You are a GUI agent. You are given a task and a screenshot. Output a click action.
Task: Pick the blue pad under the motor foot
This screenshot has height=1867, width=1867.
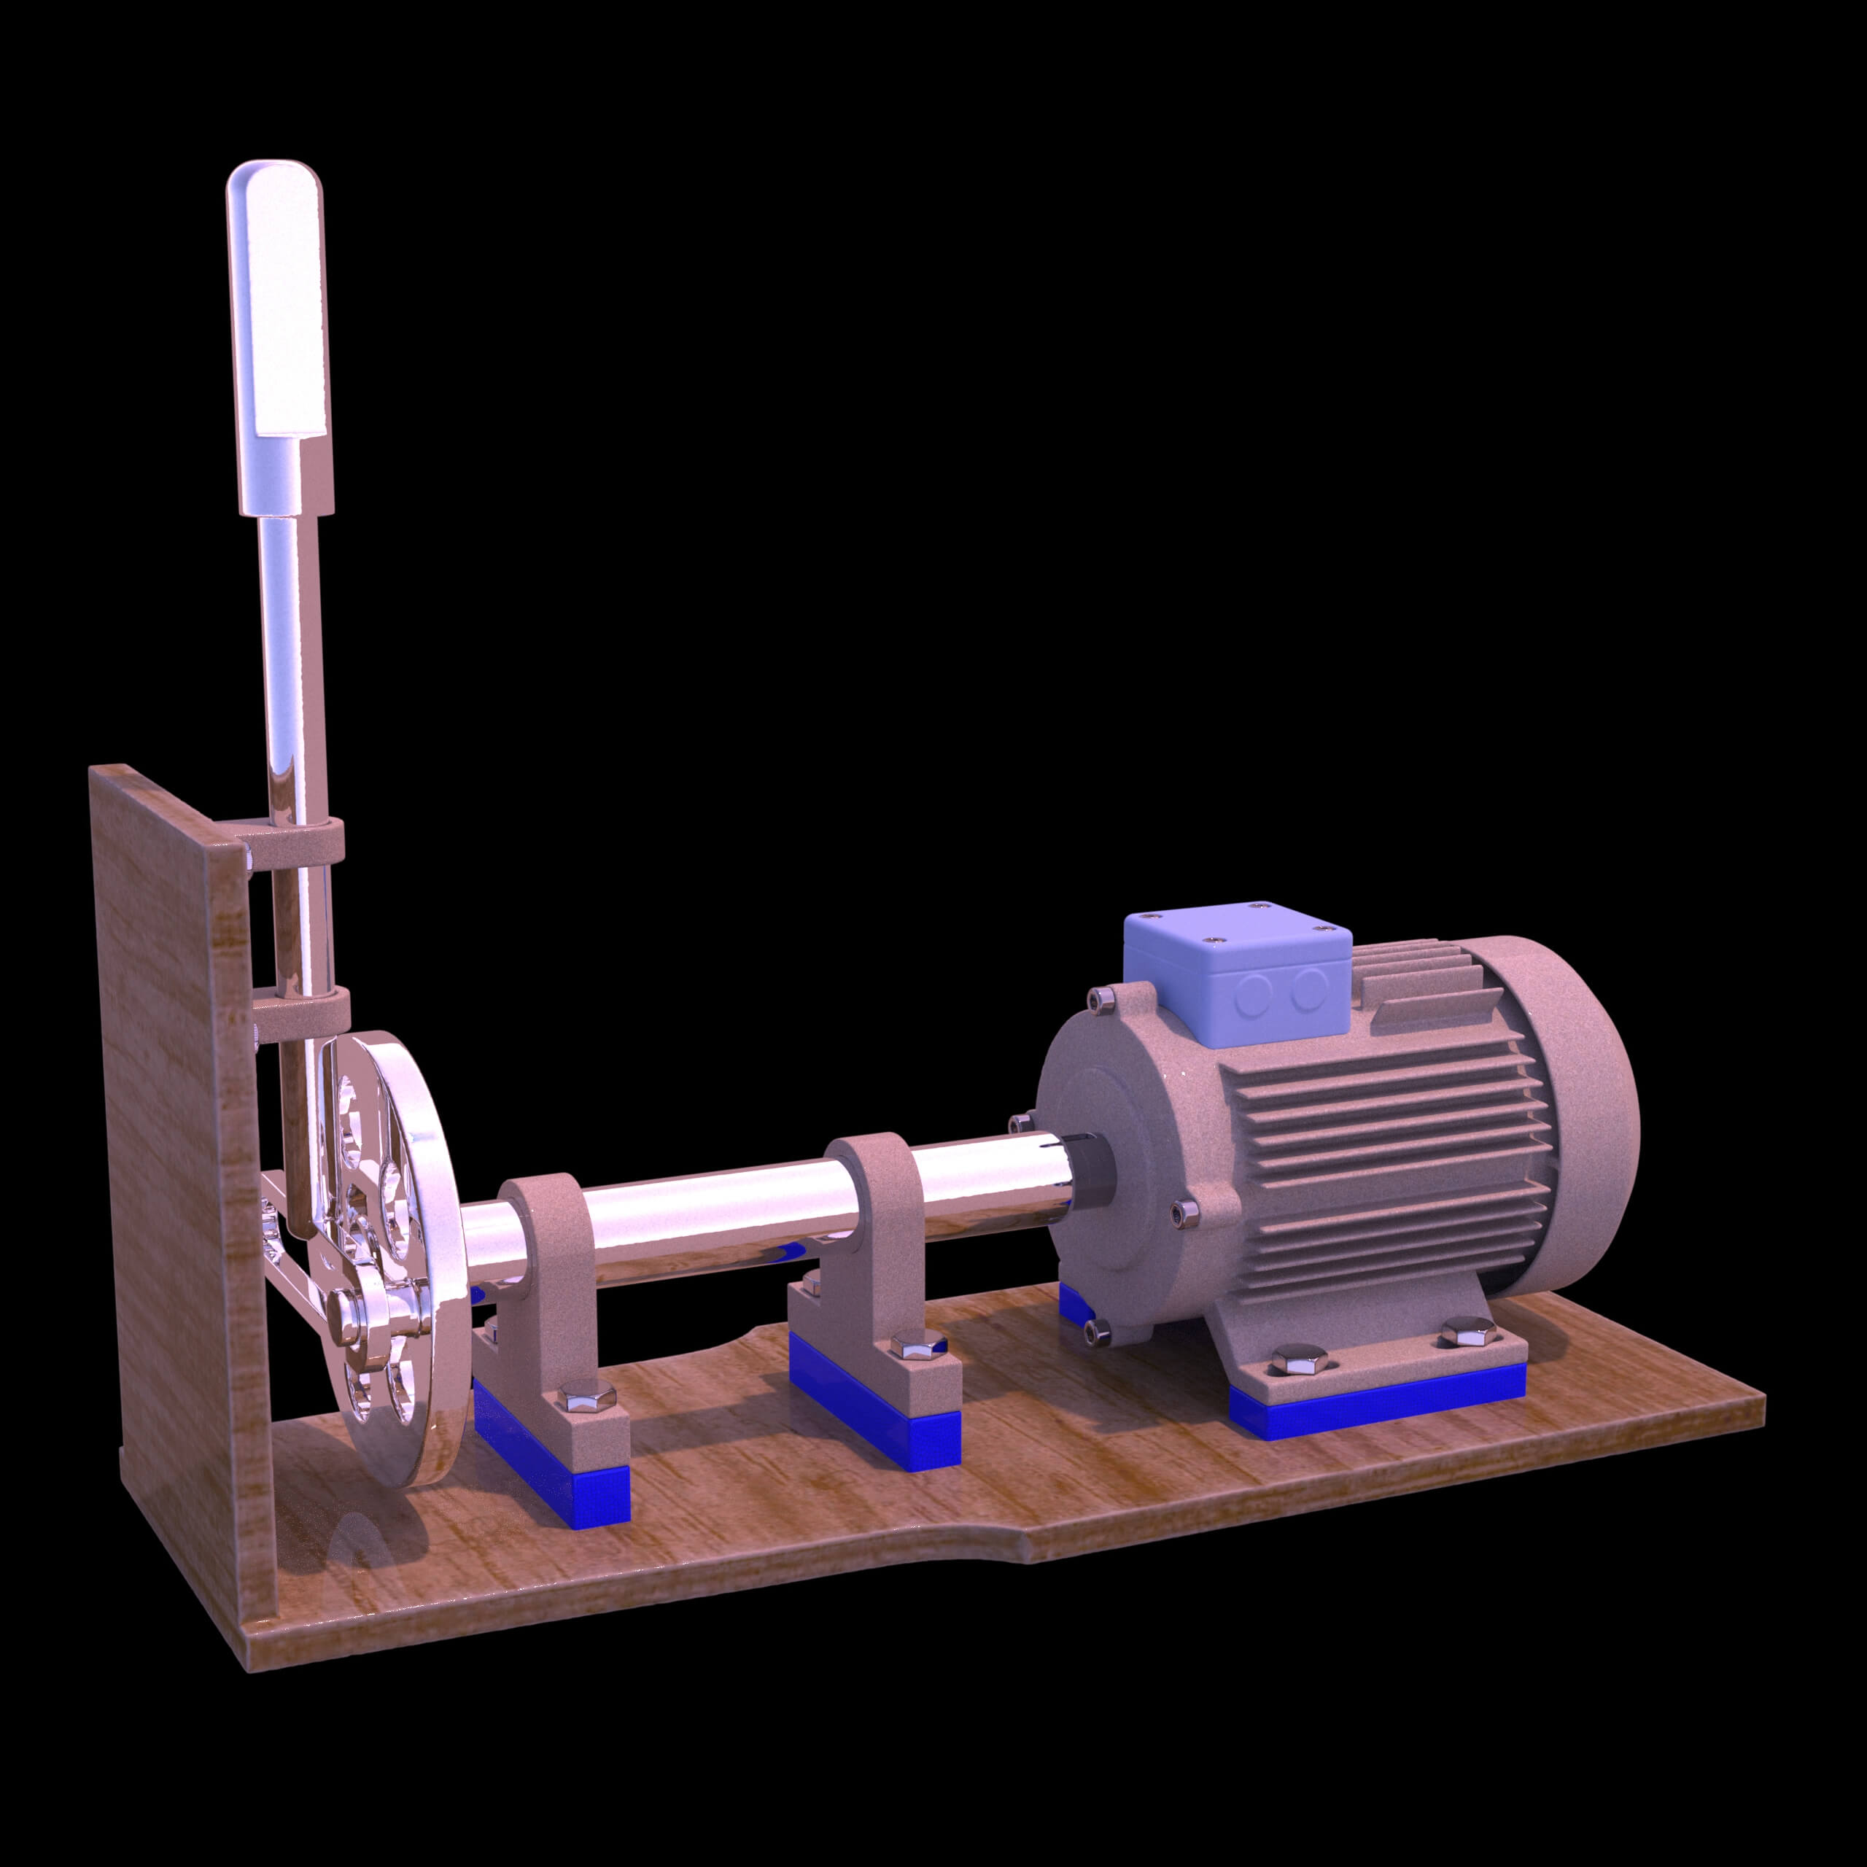pyautogui.click(x=1373, y=1413)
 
